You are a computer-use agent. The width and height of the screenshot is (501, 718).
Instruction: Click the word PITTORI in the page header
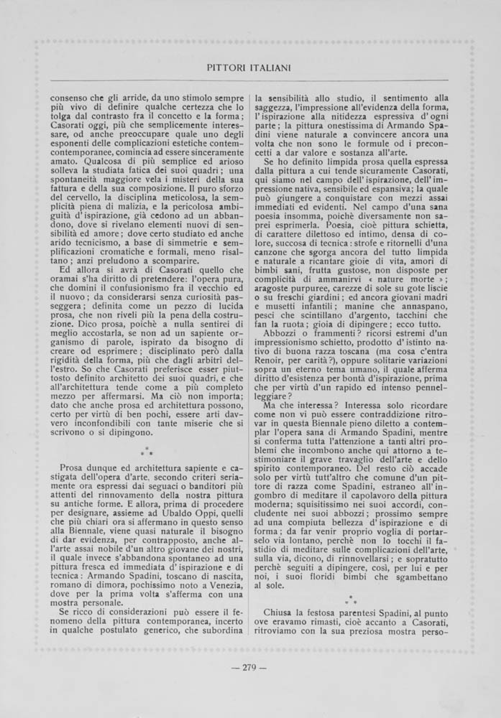(219, 67)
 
